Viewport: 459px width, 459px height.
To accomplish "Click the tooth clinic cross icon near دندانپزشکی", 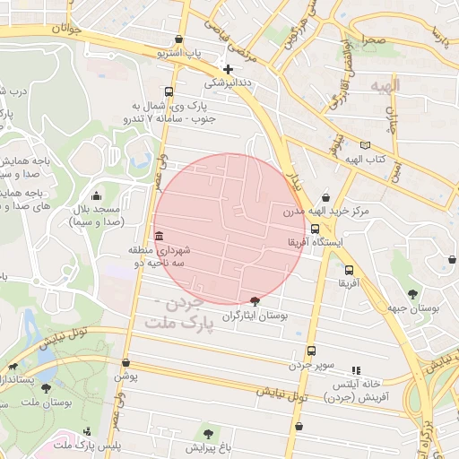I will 228,69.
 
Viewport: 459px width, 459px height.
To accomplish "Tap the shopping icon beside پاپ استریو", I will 182,39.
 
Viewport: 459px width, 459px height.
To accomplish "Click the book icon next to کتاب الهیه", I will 364,145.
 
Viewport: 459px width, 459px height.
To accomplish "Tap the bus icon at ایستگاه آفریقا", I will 314,229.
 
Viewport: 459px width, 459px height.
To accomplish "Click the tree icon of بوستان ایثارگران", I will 255,302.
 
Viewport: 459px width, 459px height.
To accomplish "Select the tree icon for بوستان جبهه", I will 412,293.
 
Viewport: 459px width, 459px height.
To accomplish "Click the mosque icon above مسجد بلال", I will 97,196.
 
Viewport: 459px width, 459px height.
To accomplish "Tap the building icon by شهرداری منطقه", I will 160,237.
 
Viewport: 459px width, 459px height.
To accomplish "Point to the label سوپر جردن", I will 310,365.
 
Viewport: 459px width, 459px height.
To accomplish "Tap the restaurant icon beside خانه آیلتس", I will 356,369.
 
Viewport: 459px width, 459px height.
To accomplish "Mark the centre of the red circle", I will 229,229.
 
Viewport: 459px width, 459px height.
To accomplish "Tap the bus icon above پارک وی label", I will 169,91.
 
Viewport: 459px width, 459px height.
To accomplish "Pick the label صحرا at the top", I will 374,41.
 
